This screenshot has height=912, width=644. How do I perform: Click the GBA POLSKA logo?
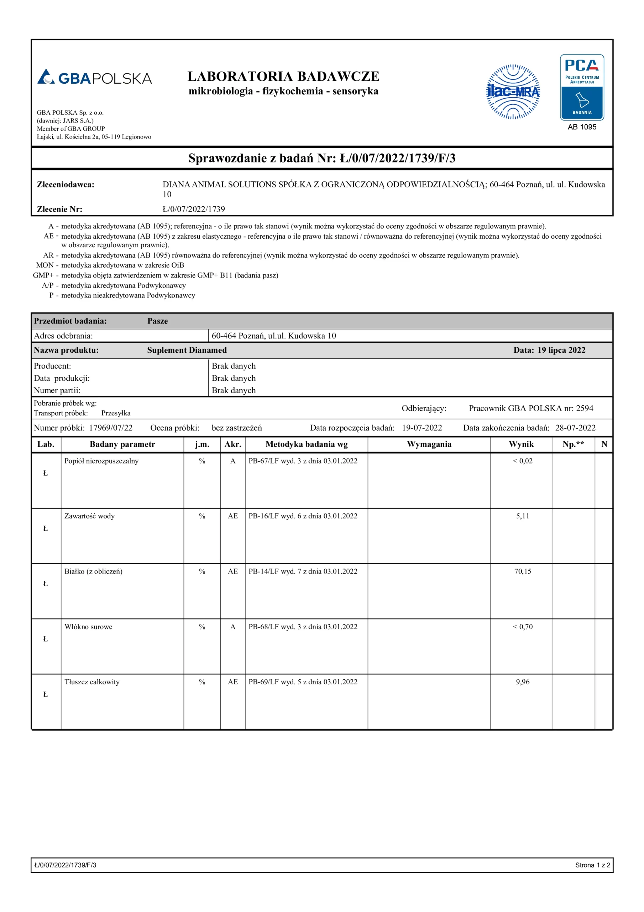pos(94,77)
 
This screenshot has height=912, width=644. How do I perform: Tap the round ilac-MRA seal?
pos(513,92)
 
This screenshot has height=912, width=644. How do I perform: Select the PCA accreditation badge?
pos(582,87)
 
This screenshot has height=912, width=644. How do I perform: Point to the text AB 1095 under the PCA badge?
pos(582,127)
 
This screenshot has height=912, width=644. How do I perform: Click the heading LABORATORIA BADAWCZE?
pos(283,76)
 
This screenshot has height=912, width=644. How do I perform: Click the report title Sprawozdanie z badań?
pos(321,158)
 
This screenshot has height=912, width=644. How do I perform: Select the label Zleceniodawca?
pos(66,184)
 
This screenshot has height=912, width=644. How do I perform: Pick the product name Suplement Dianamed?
pos(187,350)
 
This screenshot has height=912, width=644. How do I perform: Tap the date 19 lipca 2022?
pos(561,350)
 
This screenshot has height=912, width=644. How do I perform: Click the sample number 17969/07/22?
pos(110,428)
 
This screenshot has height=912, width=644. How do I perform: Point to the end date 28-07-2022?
pos(575,428)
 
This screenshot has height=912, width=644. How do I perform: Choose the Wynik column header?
pos(521,444)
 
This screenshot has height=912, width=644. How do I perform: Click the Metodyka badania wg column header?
pos(306,444)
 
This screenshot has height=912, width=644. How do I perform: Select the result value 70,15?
pos(523,571)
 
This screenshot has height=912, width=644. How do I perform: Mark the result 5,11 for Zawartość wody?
pos(523,516)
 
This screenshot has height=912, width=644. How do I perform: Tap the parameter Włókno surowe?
pos(88,626)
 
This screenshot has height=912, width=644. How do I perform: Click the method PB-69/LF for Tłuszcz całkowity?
pos(303,682)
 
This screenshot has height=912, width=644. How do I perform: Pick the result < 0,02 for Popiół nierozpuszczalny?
pos(523,461)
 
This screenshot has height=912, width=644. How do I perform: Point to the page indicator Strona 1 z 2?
pos(592,865)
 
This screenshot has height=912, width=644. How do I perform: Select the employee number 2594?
pos(585,408)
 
